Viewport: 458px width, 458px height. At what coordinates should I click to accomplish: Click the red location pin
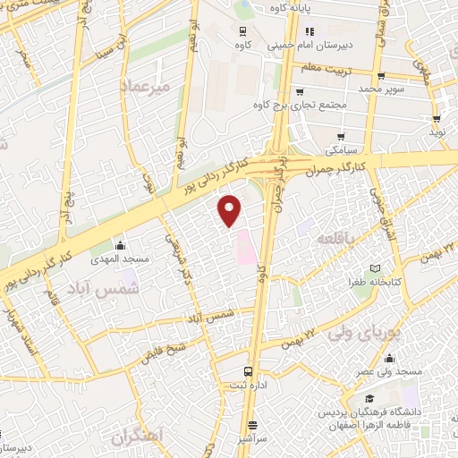(230, 210)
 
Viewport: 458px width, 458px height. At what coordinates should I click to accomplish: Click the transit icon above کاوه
(242, 29)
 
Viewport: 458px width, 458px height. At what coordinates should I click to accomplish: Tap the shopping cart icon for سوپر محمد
(382, 76)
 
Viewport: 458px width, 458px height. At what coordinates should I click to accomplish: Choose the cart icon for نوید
(437, 117)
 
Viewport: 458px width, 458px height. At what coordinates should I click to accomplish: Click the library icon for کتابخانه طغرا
(375, 268)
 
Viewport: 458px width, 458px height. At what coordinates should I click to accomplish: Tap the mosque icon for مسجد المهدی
(120, 246)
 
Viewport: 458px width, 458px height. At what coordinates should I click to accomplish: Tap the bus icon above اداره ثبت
(248, 371)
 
